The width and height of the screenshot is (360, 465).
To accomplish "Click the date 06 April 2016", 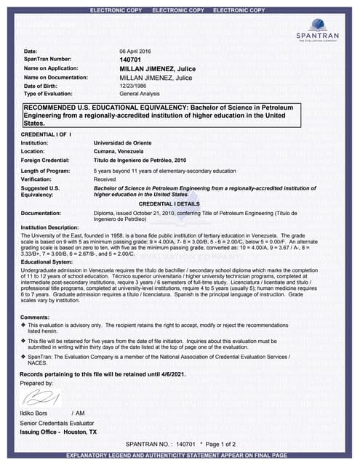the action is pos(136,52).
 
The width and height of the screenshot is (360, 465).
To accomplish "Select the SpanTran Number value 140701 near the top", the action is pos(130,60).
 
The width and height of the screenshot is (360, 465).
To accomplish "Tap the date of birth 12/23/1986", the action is pos(134,85).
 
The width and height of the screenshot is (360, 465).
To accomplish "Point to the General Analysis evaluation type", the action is pos(140,94).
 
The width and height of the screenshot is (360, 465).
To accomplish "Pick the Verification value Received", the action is pos(105,178).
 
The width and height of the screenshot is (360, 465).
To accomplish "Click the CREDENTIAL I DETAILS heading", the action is pos(179,204).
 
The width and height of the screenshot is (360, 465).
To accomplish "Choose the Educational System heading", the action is pos(47,261).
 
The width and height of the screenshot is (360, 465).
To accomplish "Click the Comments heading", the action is pos(35,318).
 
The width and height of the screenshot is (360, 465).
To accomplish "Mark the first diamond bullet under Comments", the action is pos(23,325).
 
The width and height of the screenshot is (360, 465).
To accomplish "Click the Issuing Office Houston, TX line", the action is pos(58,432).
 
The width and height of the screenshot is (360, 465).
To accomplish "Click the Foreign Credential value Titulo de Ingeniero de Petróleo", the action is pos(140,159).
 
